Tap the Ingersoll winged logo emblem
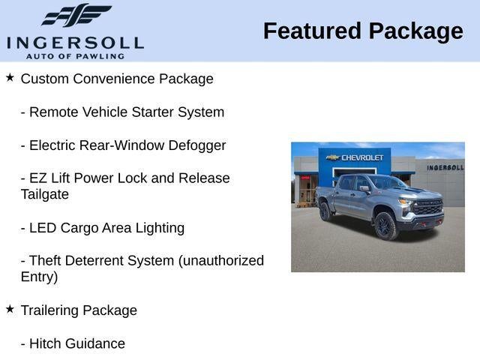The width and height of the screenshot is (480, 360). [x=76, y=15]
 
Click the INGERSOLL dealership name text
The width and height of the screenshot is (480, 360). [x=75, y=41]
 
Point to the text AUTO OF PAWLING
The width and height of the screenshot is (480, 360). [x=75, y=55]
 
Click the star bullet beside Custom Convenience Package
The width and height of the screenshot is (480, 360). [x=10, y=77]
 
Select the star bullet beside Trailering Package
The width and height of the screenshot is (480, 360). [x=10, y=308]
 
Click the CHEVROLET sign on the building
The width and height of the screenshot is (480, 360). [x=362, y=157]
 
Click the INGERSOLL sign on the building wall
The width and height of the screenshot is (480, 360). [x=445, y=167]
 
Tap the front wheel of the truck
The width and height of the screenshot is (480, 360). [x=385, y=225]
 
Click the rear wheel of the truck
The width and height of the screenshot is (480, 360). [x=325, y=211]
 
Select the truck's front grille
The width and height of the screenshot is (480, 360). [x=429, y=208]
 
